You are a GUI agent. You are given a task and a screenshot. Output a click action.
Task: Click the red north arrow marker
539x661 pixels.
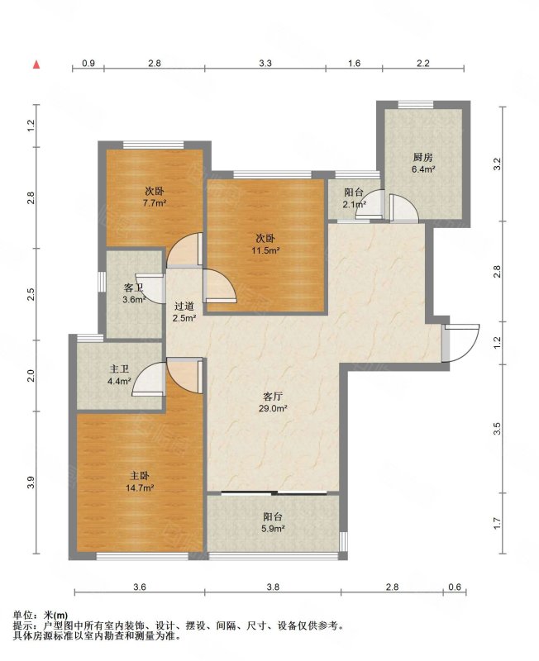pos(37,64)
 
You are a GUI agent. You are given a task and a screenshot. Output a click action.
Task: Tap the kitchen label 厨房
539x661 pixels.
pos(422,158)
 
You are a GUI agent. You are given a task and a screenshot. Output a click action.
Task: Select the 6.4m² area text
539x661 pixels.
pos(423,169)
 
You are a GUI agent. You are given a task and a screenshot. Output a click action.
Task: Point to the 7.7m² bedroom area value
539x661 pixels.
pos(154,203)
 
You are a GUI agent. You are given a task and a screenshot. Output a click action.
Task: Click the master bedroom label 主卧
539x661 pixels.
pos(139,476)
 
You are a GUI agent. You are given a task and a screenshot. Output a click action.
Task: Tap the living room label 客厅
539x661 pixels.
pos(273,397)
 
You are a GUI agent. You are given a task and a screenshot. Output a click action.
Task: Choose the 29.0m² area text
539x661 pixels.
pos(273,408)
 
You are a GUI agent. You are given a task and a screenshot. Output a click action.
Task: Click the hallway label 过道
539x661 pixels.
pos(184,307)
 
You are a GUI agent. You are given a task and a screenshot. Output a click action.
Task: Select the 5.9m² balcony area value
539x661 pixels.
pos(273,529)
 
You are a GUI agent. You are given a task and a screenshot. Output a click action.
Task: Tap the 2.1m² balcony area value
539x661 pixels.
pos(354,205)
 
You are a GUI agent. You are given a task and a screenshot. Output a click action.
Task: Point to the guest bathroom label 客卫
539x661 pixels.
pos(133,288)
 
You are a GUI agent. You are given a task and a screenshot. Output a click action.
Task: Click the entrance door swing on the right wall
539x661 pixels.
pos(461,343)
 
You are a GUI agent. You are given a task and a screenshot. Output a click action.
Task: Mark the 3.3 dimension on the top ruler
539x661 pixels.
pos(265,64)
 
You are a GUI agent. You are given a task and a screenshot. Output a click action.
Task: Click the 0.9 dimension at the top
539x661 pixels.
pos(88,64)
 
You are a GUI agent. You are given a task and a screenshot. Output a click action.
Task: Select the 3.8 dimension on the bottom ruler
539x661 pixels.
pos(273,587)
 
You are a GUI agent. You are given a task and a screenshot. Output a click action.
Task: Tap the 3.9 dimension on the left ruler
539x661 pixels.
pos(30,483)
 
